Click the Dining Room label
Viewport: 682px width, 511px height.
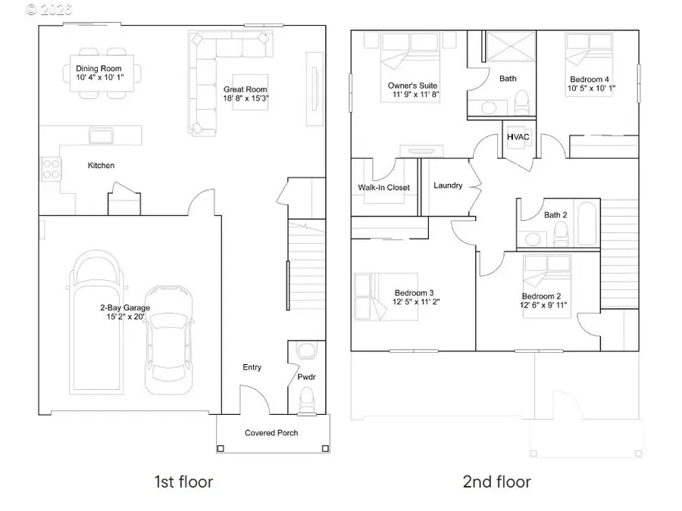(99, 68)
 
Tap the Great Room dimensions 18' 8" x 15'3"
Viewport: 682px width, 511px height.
(246, 98)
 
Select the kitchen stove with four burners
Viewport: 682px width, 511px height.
(51, 168)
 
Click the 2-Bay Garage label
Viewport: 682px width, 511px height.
(124, 307)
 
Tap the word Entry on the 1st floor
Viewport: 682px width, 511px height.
(252, 367)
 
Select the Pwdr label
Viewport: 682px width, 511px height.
(307, 376)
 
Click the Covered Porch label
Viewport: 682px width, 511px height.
(271, 433)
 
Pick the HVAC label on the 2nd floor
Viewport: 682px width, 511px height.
(519, 136)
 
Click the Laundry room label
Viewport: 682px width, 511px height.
(448, 185)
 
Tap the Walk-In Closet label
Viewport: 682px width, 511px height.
(383, 187)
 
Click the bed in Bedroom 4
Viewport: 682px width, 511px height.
(589, 55)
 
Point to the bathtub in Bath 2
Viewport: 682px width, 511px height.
(586, 223)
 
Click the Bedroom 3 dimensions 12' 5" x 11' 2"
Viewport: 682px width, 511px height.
(414, 302)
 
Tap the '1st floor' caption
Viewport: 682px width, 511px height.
(183, 481)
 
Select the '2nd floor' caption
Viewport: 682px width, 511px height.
(497, 481)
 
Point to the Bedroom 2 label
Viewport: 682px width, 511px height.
(541, 296)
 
